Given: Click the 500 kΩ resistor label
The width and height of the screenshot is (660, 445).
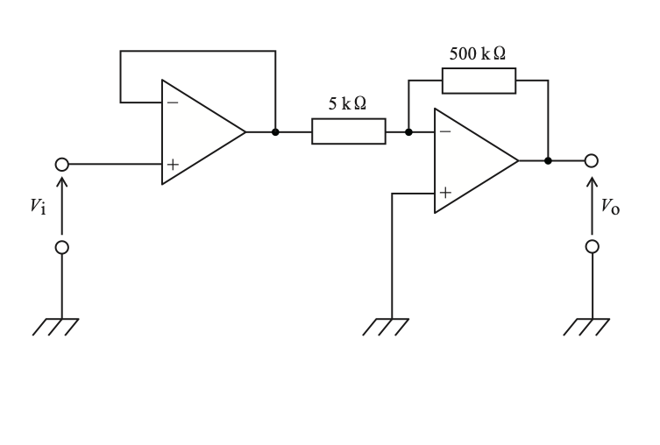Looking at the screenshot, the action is coord(478,53).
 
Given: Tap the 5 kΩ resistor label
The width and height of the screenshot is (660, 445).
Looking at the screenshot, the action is coord(347,103).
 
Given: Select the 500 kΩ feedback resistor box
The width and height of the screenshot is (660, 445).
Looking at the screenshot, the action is coord(479,81).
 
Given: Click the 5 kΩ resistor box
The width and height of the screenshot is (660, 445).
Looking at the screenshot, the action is coord(349,131).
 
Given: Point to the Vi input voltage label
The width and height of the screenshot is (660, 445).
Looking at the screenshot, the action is coord(38,206).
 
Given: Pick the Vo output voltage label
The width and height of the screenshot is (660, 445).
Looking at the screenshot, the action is coord(610,207).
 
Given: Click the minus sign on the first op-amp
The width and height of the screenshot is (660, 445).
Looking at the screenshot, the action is coord(173,102).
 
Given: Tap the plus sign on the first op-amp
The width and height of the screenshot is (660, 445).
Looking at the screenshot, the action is coord(173,164).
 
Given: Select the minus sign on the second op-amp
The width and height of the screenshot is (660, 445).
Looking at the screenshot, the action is coord(445,131).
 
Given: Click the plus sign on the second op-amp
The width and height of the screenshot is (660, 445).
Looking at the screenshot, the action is coord(445,193).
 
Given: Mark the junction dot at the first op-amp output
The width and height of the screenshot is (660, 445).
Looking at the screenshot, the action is coord(275,132).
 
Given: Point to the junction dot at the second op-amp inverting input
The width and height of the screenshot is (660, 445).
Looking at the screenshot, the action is coord(408,132).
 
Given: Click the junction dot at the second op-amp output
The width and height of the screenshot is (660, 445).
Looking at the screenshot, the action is coord(548,160).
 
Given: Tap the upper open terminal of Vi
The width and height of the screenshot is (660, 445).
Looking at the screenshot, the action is coord(62,164).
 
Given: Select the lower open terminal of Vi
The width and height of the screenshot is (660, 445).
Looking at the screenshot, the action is coord(62,247).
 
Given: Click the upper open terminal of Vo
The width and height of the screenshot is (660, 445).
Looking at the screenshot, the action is coord(592,160).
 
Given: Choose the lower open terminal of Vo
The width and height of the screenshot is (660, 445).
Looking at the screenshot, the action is coord(593,246).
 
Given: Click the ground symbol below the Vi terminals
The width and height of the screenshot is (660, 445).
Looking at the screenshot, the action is coord(55,327).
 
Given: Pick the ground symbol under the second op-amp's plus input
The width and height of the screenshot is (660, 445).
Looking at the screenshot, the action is coord(386,327).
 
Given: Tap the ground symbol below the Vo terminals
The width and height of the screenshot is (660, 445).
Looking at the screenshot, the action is coord(586,327).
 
